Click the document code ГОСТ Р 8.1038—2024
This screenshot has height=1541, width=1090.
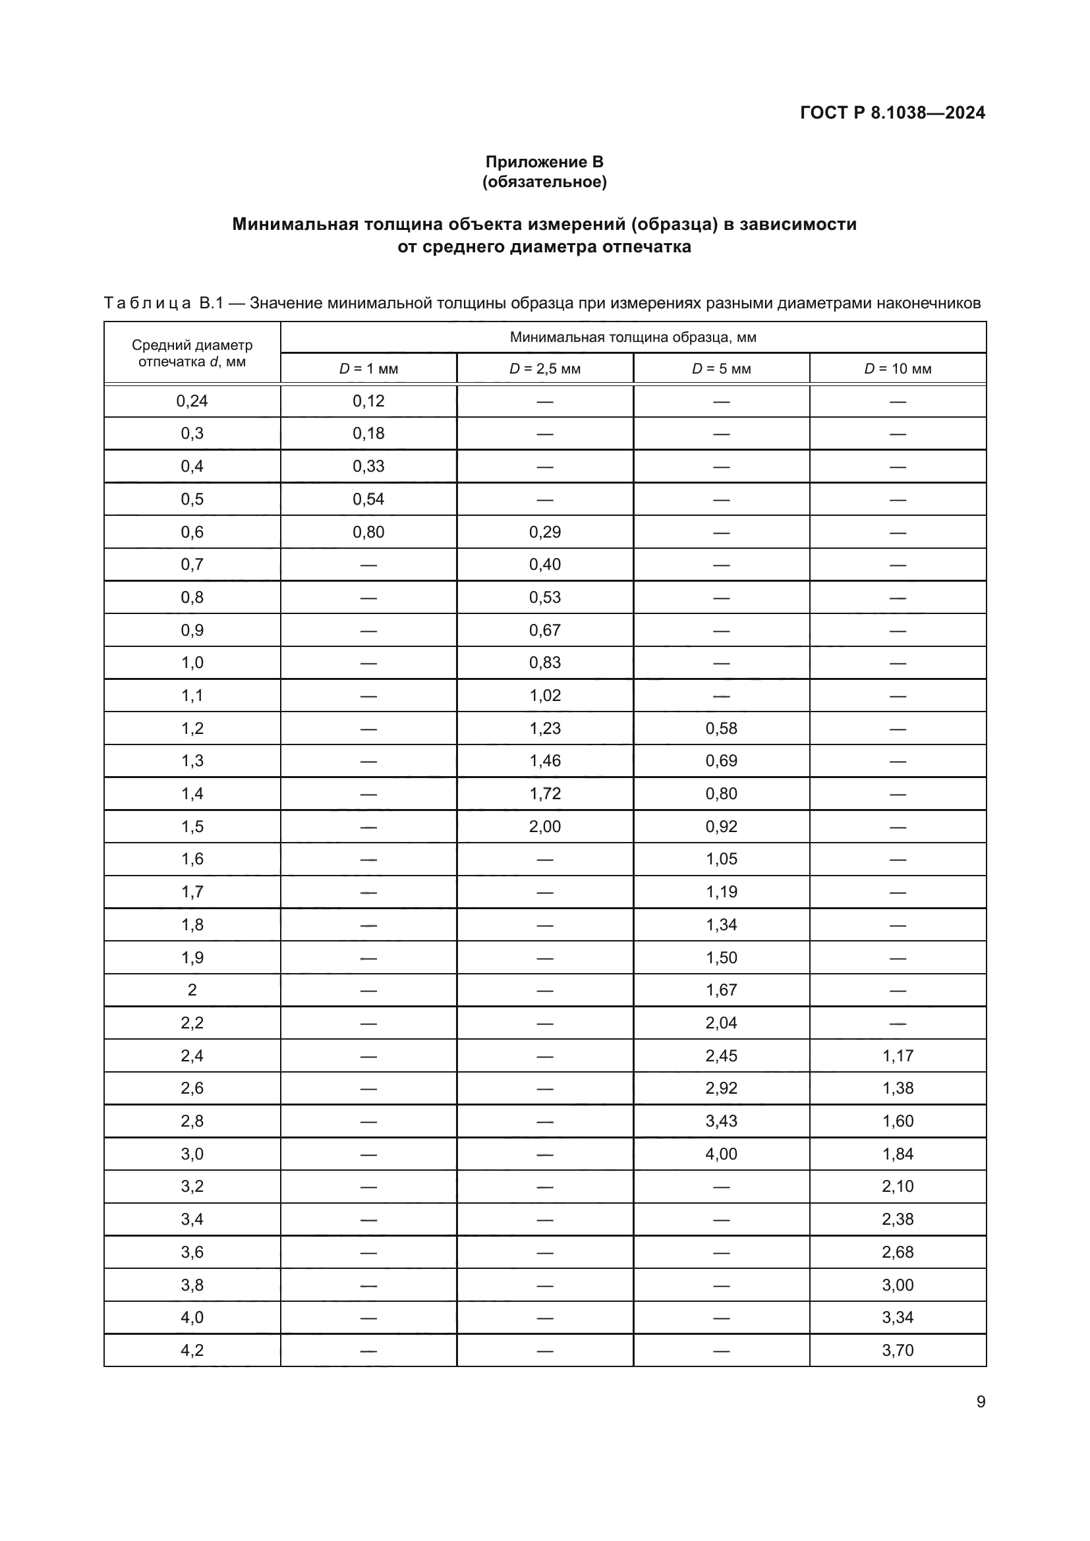[892, 113]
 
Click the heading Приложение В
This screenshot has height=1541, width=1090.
[544, 162]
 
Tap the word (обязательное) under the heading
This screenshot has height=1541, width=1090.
[544, 182]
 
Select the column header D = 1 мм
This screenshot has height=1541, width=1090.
[368, 368]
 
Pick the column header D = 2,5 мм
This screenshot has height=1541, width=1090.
[544, 368]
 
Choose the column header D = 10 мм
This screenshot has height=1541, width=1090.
[898, 368]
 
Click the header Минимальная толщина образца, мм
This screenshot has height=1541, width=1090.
[633, 337]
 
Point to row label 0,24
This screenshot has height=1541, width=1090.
[192, 401]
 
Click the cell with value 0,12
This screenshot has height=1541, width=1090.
[368, 401]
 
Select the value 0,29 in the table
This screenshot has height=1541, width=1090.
[544, 532]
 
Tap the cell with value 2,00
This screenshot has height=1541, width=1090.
[544, 826]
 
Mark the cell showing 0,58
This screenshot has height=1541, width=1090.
[721, 728]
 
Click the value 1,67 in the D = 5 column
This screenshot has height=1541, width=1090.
[721, 990]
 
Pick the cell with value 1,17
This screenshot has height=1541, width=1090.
[898, 1055]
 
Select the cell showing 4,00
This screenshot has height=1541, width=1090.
[721, 1154]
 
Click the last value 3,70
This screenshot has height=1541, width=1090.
[898, 1351]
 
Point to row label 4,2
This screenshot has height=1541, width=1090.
[192, 1351]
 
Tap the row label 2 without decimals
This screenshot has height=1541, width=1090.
[192, 990]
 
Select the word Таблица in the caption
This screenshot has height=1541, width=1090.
[147, 303]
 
